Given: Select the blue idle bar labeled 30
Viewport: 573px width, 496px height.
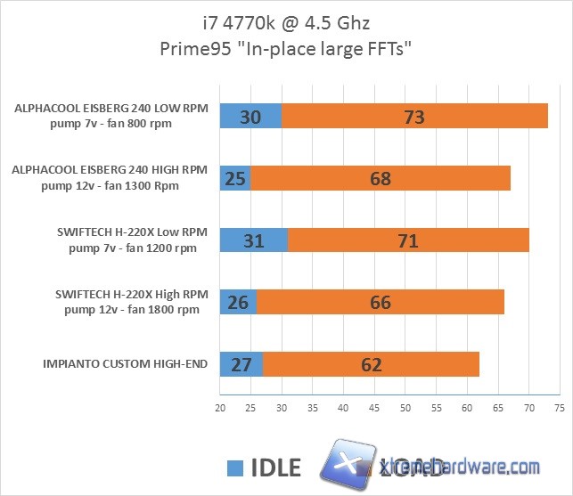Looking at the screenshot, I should coord(250,117).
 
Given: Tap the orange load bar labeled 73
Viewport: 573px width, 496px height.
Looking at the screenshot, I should coord(414,117).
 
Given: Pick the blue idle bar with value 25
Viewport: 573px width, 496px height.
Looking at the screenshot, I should coord(235,178).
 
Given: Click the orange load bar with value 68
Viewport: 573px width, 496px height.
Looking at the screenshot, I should coord(381,178).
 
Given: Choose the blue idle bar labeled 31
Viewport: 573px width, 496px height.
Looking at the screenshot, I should coord(254,240).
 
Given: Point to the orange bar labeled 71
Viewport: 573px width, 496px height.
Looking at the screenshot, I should coord(408,240).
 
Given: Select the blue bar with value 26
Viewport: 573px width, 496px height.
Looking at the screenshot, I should coord(238,301).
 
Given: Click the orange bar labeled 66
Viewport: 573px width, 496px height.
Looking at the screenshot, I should coord(381,301).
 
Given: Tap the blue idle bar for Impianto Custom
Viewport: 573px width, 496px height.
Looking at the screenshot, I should coord(241,363).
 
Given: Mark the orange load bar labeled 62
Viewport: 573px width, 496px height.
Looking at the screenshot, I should coord(371,363).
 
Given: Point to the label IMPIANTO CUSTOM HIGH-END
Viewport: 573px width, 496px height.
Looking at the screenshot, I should coord(125,363).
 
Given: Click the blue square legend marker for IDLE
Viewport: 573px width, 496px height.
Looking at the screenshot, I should coord(235,468).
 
